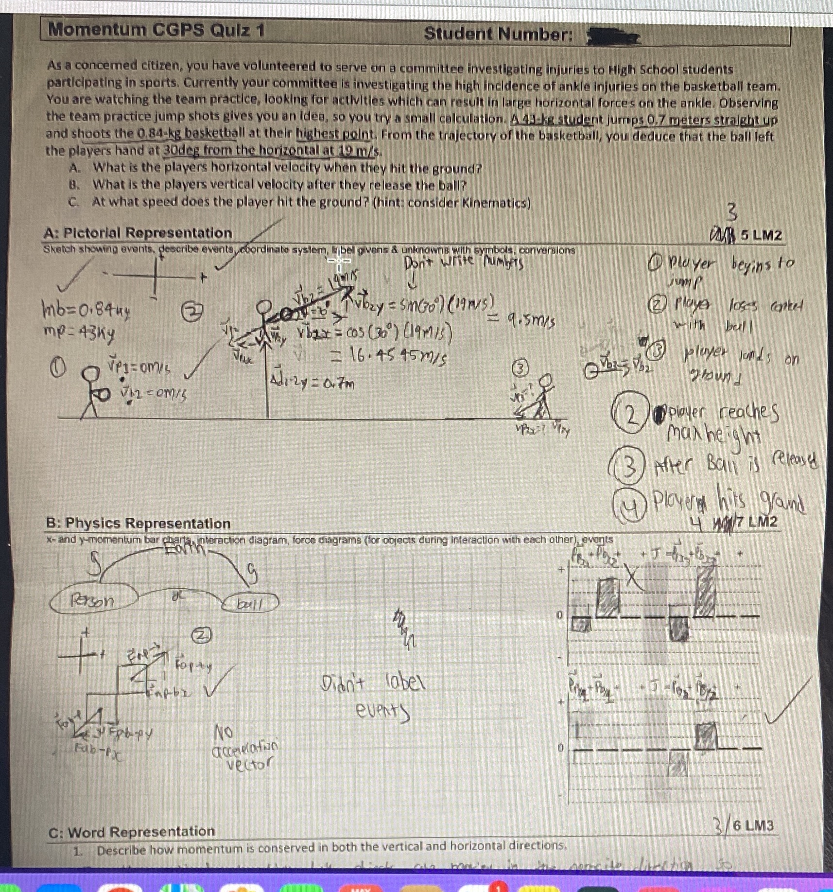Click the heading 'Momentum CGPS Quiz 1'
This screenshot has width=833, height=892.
[156, 30]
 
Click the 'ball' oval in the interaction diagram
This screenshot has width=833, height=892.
[251, 604]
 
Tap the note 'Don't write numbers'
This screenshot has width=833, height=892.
[464, 263]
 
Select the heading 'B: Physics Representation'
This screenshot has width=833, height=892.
[138, 524]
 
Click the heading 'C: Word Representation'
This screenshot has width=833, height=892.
[131, 832]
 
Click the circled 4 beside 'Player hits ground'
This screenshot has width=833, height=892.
[629, 505]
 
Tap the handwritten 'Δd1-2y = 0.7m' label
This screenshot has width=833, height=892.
[312, 383]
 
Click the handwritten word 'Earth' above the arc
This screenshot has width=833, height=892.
[186, 548]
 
